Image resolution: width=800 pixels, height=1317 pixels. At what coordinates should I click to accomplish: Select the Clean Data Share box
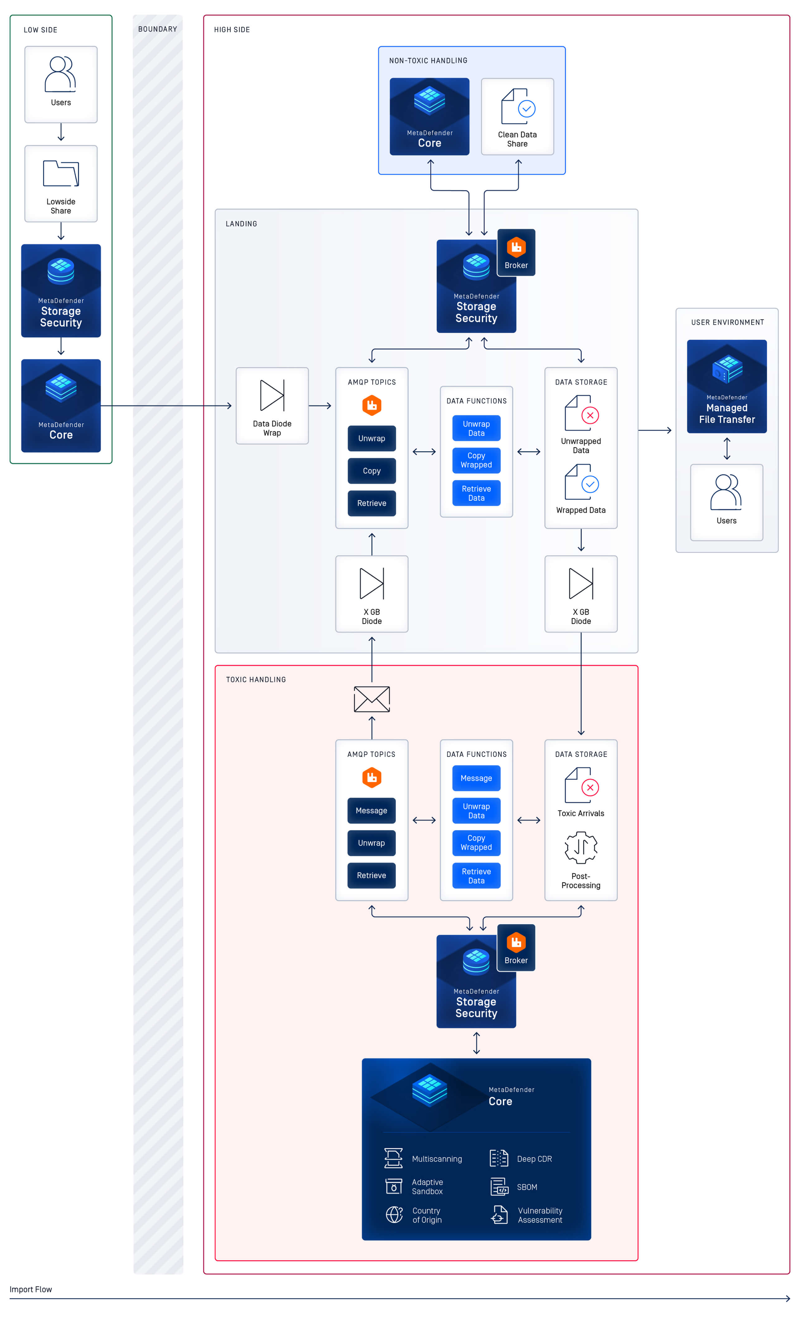pos(517,116)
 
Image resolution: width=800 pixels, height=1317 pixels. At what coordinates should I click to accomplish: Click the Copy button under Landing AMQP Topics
pos(372,471)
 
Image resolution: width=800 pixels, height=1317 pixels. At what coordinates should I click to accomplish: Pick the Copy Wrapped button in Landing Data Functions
pos(476,460)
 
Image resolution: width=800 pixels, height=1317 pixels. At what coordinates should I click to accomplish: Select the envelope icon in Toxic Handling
pos(372,699)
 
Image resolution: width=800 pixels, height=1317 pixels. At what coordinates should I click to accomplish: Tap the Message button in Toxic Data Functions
pos(476,778)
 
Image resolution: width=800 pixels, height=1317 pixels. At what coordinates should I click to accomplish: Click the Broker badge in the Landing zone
pos(516,252)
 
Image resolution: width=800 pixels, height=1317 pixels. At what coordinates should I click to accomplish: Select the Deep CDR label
pos(534,1159)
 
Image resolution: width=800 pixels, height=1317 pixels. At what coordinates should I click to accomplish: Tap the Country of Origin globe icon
pos(394,1215)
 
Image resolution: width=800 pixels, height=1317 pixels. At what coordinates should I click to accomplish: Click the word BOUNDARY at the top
pos(157,29)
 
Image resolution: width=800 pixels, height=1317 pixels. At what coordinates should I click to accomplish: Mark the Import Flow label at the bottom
pos(31,1289)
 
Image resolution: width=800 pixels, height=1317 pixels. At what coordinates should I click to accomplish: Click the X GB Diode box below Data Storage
pos(581,594)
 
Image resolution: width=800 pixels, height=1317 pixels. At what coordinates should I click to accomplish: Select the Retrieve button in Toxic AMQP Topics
pos(371,876)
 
